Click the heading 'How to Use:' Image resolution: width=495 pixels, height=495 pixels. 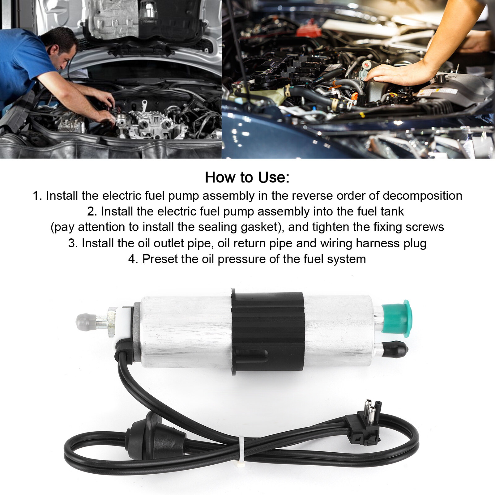pos(247,177)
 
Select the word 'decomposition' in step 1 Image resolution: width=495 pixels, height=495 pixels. pos(422,196)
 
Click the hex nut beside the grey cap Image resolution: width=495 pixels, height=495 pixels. pos(111,322)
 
